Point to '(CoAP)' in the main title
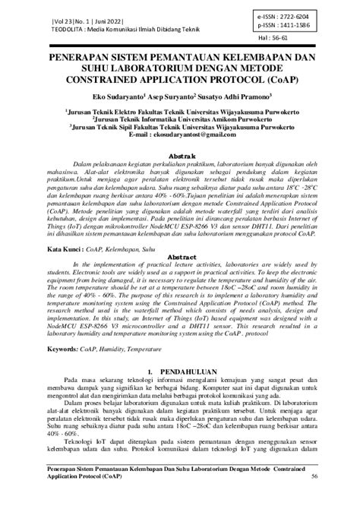coord(276,78)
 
